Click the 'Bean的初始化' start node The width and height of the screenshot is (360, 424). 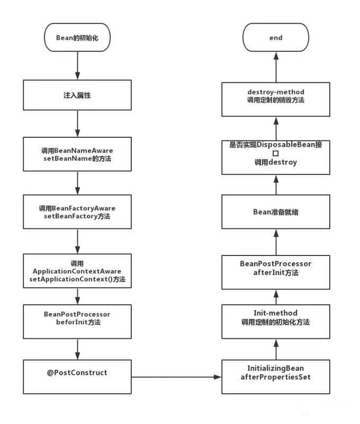(x=77, y=38)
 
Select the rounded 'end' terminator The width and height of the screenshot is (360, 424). (x=276, y=38)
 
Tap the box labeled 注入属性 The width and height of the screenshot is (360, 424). (x=77, y=97)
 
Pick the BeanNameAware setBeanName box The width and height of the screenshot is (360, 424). (x=77, y=154)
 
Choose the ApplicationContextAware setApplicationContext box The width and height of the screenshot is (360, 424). (x=77, y=270)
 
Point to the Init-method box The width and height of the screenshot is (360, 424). (x=276, y=318)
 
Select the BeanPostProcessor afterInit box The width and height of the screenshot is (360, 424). (x=276, y=268)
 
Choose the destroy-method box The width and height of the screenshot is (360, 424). (x=276, y=99)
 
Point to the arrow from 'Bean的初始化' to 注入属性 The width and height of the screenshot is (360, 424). (x=77, y=66)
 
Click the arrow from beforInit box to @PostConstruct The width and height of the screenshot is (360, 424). (x=77, y=349)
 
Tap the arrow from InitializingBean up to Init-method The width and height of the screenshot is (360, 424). (x=276, y=349)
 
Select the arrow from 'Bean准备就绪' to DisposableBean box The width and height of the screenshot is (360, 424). (x=276, y=184)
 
